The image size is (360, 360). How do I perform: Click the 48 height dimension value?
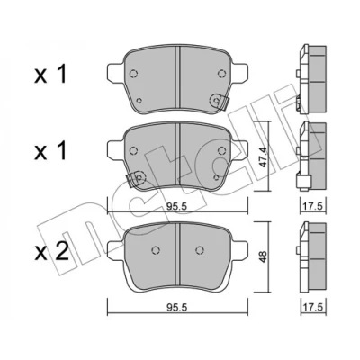point(263,256)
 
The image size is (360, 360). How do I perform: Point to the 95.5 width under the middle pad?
point(177,207)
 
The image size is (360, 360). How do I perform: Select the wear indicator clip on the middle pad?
point(136,179)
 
